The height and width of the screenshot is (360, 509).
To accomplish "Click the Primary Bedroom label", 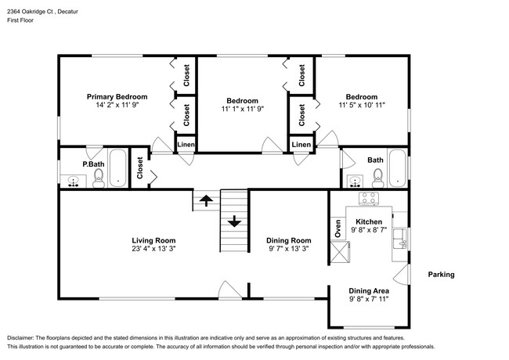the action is coord(117,96).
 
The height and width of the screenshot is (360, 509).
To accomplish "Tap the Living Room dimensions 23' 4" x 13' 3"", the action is coord(153,249).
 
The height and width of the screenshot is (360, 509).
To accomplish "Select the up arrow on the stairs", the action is coord(206,200).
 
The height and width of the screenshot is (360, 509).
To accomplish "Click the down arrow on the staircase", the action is coord(234,221).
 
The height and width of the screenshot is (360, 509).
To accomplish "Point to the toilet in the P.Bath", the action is coord(99,178).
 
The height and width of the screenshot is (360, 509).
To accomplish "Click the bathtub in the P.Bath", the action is coord(117,167).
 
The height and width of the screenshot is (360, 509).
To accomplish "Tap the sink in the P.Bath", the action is coord(74,182).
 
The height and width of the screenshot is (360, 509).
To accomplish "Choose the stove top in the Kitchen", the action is coord(369,198).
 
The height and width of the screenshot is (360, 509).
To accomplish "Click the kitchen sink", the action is coord(400,239).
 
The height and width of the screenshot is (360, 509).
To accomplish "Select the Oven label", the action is coord(338,229).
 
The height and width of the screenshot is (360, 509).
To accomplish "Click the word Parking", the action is coord(441,275).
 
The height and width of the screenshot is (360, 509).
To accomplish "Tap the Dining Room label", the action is coord(289,240).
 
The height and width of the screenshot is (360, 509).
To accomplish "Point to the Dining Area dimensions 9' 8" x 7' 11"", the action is coord(369,299).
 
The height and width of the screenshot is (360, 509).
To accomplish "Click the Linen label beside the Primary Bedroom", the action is coord(186,145).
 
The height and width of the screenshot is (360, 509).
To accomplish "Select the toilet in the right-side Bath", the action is coord(378,178).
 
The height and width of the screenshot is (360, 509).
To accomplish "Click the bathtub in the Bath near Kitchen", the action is coord(397,168).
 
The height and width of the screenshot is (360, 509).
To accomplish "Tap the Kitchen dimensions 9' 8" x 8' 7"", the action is coord(369,230).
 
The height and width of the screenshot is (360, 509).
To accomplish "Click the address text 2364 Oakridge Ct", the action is coord(31,12).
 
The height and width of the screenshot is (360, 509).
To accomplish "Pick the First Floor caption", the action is coord(20,20).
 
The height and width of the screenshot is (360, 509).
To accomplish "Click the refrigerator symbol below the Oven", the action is coord(340,252).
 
